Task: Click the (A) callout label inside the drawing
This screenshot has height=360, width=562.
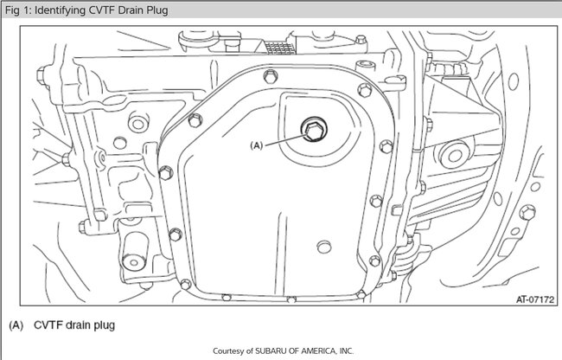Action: [x=257, y=145]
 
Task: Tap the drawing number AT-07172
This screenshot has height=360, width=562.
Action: [x=534, y=299]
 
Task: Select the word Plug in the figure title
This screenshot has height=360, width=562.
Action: [x=157, y=10]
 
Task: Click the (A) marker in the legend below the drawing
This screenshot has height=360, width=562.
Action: [x=16, y=325]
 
